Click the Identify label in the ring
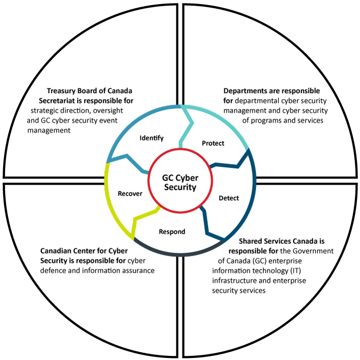coord(151,138)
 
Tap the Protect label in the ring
coord(213,143)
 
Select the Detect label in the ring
coord(228,198)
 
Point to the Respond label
coord(172,231)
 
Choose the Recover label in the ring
coord(130,193)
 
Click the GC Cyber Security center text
coord(180,182)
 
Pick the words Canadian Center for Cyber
coord(85,251)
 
